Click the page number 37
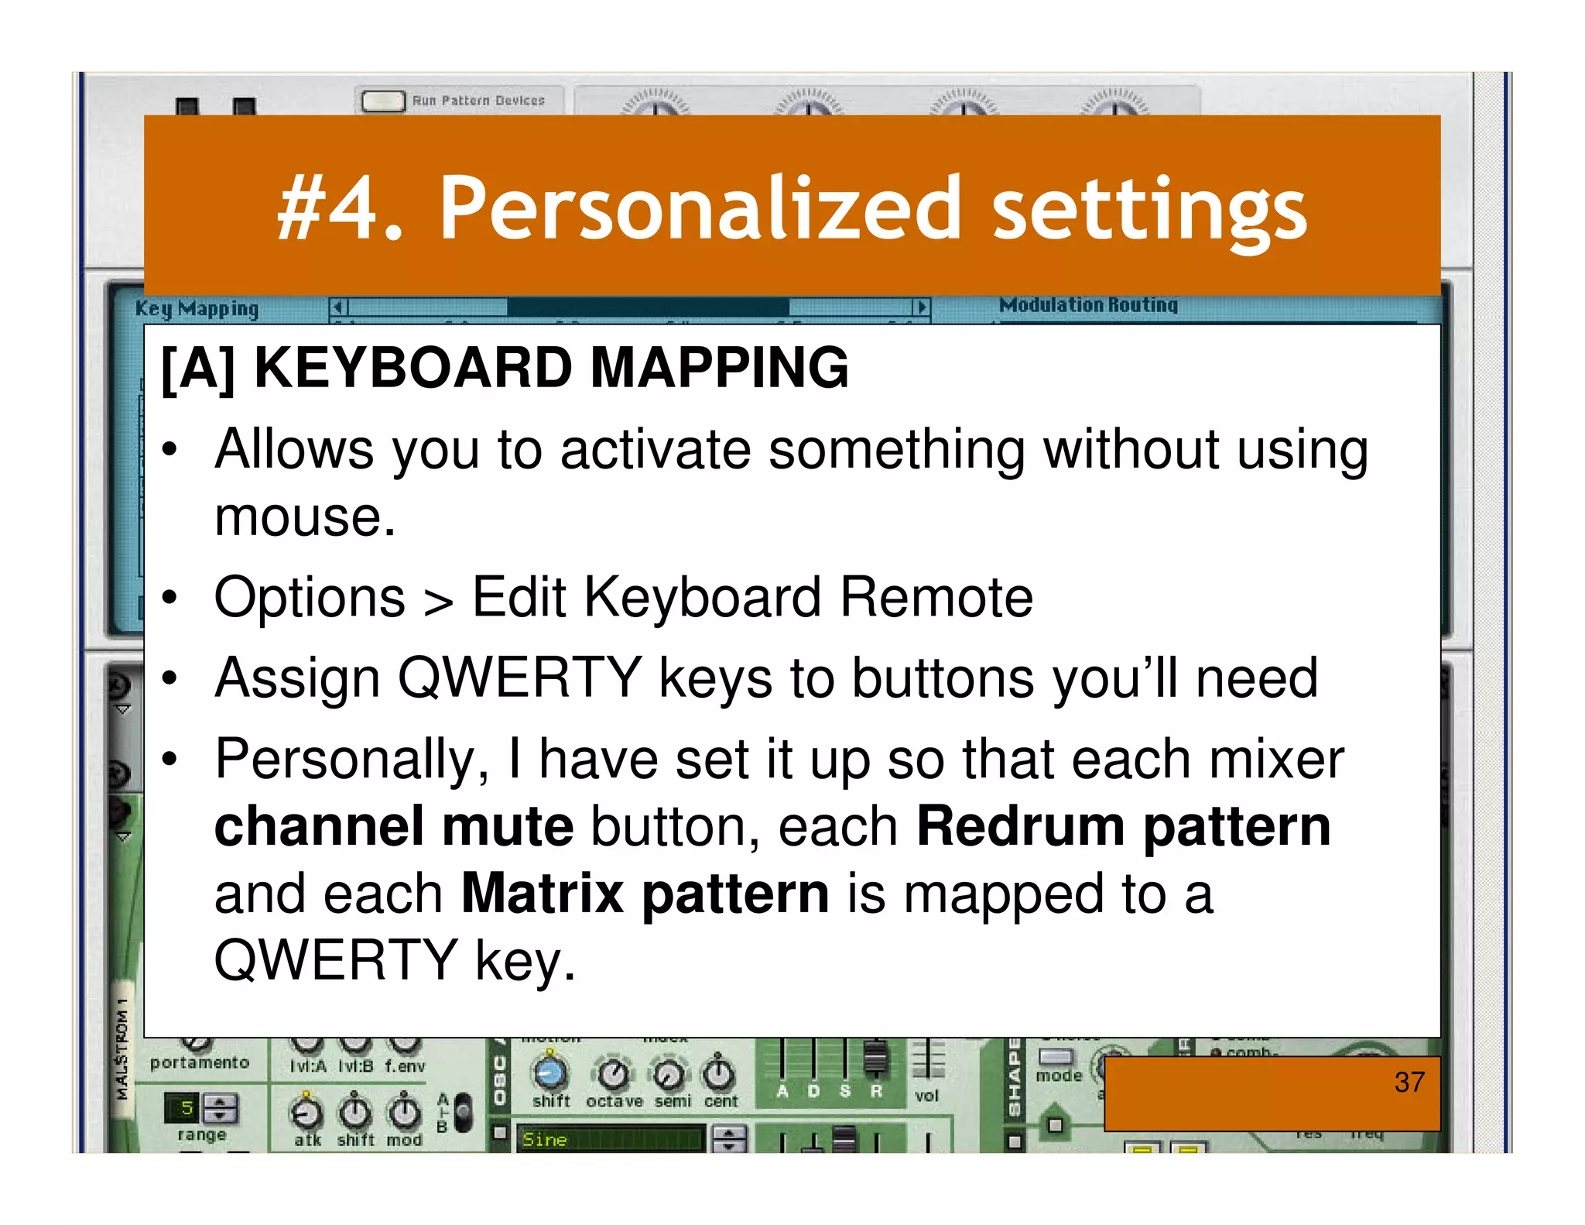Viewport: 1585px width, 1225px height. pyautogui.click(x=1409, y=1082)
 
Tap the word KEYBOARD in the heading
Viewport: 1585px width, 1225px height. pyautogui.click(x=413, y=367)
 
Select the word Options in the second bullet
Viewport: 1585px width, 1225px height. pyautogui.click(x=310, y=598)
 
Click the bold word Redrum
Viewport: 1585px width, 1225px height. pyautogui.click(x=1020, y=826)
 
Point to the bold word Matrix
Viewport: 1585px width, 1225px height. pyautogui.click(x=542, y=894)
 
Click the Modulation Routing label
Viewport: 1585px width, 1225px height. pyautogui.click(x=1087, y=305)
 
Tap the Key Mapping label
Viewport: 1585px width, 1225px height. pyautogui.click(x=197, y=309)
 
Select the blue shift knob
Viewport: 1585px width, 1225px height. pyautogui.click(x=550, y=1072)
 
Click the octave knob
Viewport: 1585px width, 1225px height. pyautogui.click(x=614, y=1074)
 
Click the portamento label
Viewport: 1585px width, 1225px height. pyautogui.click(x=200, y=1062)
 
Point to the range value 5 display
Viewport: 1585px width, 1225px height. pyautogui.click(x=187, y=1108)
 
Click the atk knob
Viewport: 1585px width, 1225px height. pyautogui.click(x=306, y=1113)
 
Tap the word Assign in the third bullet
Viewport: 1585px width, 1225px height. pyautogui.click(x=296, y=678)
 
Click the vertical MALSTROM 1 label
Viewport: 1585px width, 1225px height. pyautogui.click(x=122, y=1049)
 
